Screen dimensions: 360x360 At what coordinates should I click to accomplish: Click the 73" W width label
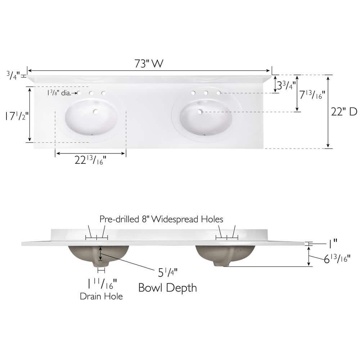149,64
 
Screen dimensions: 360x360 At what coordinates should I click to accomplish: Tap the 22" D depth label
344,112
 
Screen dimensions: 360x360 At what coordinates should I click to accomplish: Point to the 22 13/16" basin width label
90,160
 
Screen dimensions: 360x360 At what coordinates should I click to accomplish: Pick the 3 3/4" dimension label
286,86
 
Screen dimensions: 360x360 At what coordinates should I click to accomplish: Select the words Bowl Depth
168,288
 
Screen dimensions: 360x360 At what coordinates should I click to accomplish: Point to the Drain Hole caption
101,296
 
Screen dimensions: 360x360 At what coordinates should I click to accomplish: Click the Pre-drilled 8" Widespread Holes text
161,219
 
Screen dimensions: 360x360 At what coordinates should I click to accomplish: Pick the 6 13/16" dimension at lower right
337,258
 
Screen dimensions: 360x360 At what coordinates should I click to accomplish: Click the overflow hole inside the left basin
96,112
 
